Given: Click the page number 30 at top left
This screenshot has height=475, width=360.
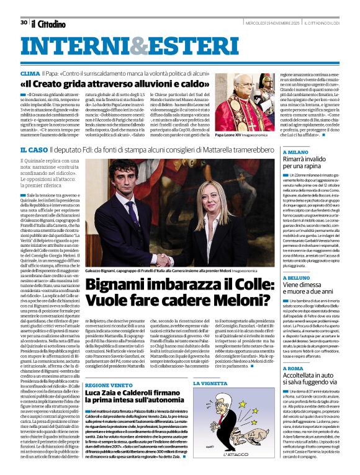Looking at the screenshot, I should tap(24, 22).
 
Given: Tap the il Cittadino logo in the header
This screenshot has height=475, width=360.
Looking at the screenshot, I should tap(48, 24).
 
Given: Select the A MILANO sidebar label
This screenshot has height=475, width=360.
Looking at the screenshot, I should tap(296, 152).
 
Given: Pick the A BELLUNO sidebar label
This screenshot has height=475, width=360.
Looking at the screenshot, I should tap(298, 261).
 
